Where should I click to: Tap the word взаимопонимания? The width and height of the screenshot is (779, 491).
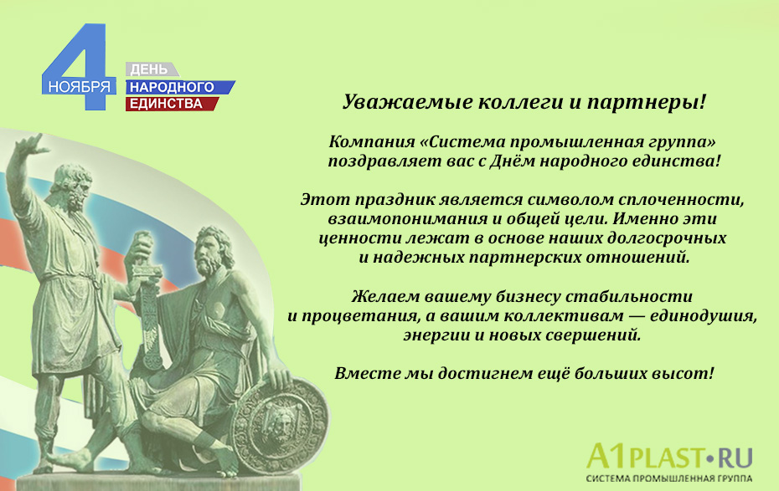point(400,219)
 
